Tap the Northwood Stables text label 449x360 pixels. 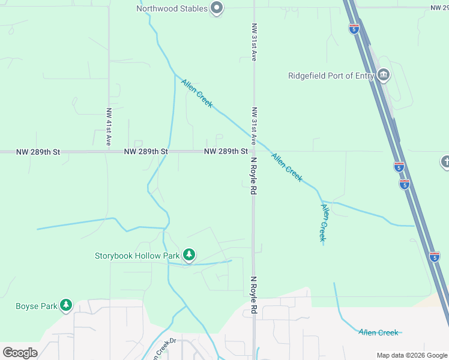pyautogui.click(x=172, y=8)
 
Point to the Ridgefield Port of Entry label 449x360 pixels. pyautogui.click(x=331, y=76)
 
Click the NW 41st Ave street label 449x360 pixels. pyautogui.click(x=109, y=127)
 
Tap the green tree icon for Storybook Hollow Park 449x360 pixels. pyautogui.click(x=189, y=255)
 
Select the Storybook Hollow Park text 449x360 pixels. pyautogui.click(x=137, y=256)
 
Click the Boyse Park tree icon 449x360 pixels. pyautogui.click(x=66, y=306)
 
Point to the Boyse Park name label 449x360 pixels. pyautogui.click(x=37, y=306)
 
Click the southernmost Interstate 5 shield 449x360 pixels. pyautogui.click(x=435, y=257)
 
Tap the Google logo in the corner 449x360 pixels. pyautogui.click(x=20, y=353)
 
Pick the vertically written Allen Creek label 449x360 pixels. pyautogui.click(x=324, y=223)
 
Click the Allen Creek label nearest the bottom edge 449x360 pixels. pyautogui.click(x=378, y=332)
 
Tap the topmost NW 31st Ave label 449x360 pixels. pyautogui.click(x=255, y=43)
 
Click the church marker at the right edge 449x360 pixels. pyautogui.click(x=445, y=161)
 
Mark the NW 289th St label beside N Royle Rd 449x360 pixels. pyautogui.click(x=226, y=152)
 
